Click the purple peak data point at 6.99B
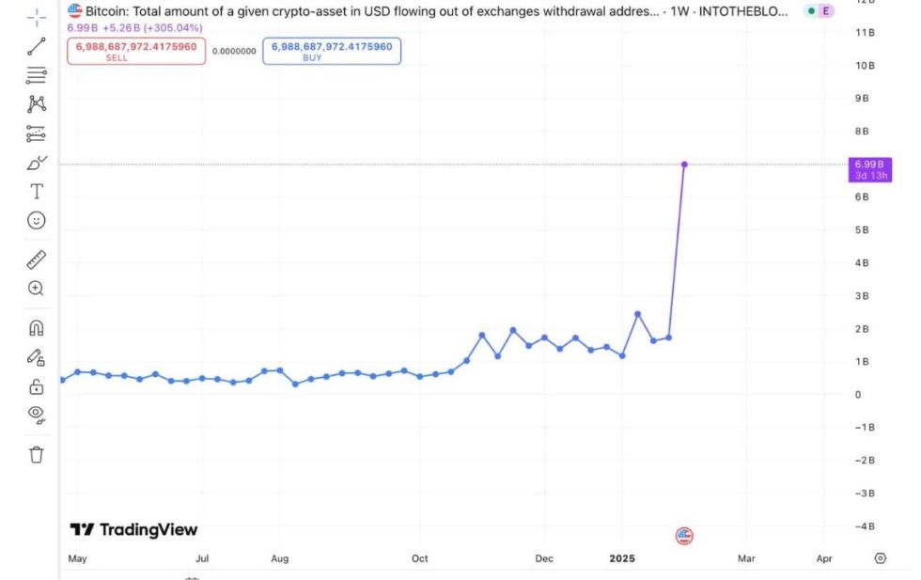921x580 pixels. [684, 165]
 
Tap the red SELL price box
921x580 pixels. [135, 51]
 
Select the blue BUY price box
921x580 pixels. [331, 51]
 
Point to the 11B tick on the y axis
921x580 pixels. [865, 33]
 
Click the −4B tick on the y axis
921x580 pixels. [864, 525]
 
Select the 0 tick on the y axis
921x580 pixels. [857, 394]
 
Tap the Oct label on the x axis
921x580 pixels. [419, 558]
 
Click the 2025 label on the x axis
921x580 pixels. [622, 558]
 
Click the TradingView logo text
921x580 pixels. [134, 529]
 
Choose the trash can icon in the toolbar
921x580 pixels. [36, 455]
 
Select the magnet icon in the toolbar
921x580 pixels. [36, 328]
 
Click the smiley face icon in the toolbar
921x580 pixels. [36, 221]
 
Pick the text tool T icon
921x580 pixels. [36, 192]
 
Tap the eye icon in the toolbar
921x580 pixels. [36, 413]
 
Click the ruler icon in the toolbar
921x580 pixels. [36, 259]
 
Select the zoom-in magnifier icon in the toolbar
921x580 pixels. [36, 289]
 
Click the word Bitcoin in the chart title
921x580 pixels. [108, 11]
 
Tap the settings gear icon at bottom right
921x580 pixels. [880, 557]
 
